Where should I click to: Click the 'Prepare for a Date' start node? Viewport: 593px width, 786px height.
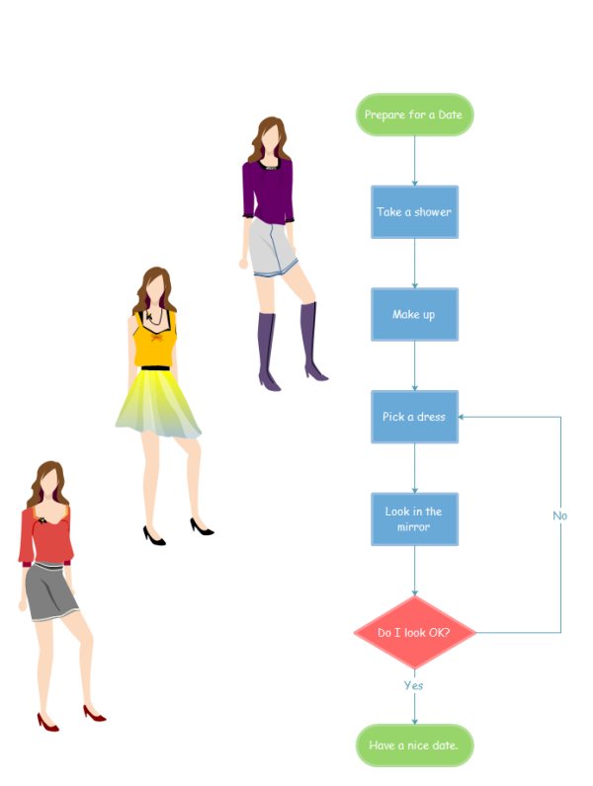pos(414,116)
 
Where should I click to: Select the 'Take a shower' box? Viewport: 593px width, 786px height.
pos(414,212)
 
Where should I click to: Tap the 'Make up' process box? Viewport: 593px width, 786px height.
pos(414,315)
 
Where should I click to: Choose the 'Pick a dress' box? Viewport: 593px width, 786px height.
pos(414,417)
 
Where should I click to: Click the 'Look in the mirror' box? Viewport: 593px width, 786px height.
pos(414,519)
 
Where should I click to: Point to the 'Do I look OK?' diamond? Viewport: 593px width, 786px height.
pos(414,632)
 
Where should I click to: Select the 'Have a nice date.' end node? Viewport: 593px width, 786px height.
pos(414,746)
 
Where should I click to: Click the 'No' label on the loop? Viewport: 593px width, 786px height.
pos(560,515)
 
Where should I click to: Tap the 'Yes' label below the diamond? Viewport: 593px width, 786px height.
pos(414,684)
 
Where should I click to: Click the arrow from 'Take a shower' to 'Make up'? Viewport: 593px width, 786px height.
pos(414,264)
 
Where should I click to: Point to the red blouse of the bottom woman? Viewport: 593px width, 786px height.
pos(45,538)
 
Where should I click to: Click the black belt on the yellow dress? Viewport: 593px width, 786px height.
pos(155,368)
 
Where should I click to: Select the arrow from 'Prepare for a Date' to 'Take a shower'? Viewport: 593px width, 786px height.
pos(414,160)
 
